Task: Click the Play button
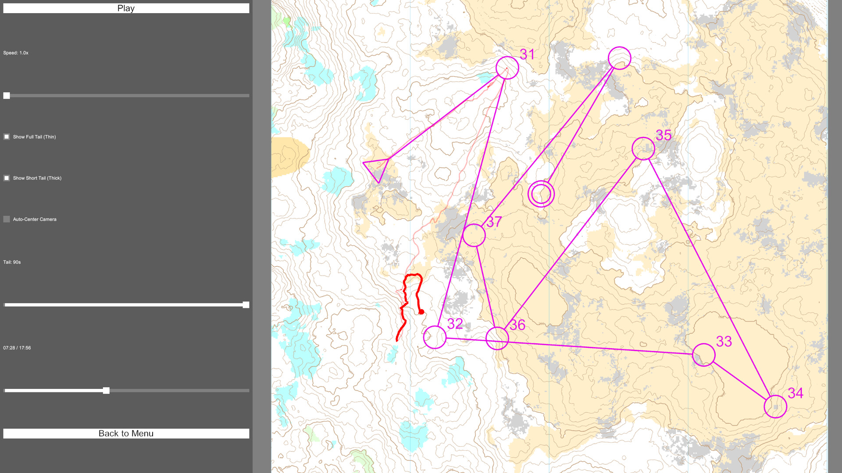(x=126, y=8)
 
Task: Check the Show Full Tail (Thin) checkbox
(x=7, y=137)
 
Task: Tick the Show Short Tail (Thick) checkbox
(x=7, y=178)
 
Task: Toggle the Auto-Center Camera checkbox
(x=7, y=219)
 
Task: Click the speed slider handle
(x=7, y=95)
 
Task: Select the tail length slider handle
(x=246, y=305)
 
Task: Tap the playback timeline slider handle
(x=106, y=391)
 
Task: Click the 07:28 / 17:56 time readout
(x=17, y=348)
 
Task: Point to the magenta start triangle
(x=378, y=168)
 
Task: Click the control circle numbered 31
(x=507, y=68)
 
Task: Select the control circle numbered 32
(x=435, y=337)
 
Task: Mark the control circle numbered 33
(x=703, y=355)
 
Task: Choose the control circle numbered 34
(x=775, y=406)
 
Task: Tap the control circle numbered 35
(x=643, y=148)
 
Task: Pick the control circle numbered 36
(x=497, y=338)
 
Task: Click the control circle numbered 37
(x=474, y=235)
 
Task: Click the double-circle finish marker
(x=541, y=194)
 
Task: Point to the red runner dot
(x=421, y=312)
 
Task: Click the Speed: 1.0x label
(x=16, y=53)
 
